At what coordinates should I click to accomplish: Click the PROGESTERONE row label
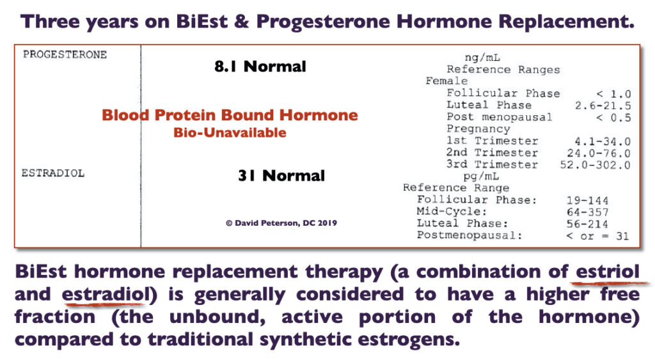click(x=65, y=54)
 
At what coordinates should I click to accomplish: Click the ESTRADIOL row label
click(x=53, y=173)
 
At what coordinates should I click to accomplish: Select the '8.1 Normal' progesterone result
click(x=260, y=67)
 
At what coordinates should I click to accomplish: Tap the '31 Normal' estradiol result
click(x=281, y=175)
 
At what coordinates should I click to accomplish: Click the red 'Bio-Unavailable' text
click(x=230, y=133)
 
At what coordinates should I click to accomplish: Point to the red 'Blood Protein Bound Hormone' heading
click(x=230, y=115)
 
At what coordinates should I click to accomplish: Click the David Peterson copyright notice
click(x=281, y=223)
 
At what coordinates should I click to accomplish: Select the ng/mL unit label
click(x=482, y=58)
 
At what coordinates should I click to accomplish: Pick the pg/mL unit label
click(x=481, y=176)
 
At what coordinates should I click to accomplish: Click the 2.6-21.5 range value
click(x=603, y=106)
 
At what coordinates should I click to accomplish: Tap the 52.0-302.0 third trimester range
click(x=596, y=165)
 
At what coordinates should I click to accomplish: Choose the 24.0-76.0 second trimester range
click(x=599, y=153)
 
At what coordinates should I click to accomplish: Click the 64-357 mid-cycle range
click(x=587, y=212)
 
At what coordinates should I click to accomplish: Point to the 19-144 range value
click(x=587, y=201)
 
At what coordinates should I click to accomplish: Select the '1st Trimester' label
click(x=492, y=141)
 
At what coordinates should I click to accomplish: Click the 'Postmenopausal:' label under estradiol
click(x=470, y=235)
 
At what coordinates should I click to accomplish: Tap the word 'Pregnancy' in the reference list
click(x=478, y=129)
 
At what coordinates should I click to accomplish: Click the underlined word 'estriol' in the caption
click(x=608, y=272)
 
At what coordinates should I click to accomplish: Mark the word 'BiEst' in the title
click(x=201, y=21)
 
